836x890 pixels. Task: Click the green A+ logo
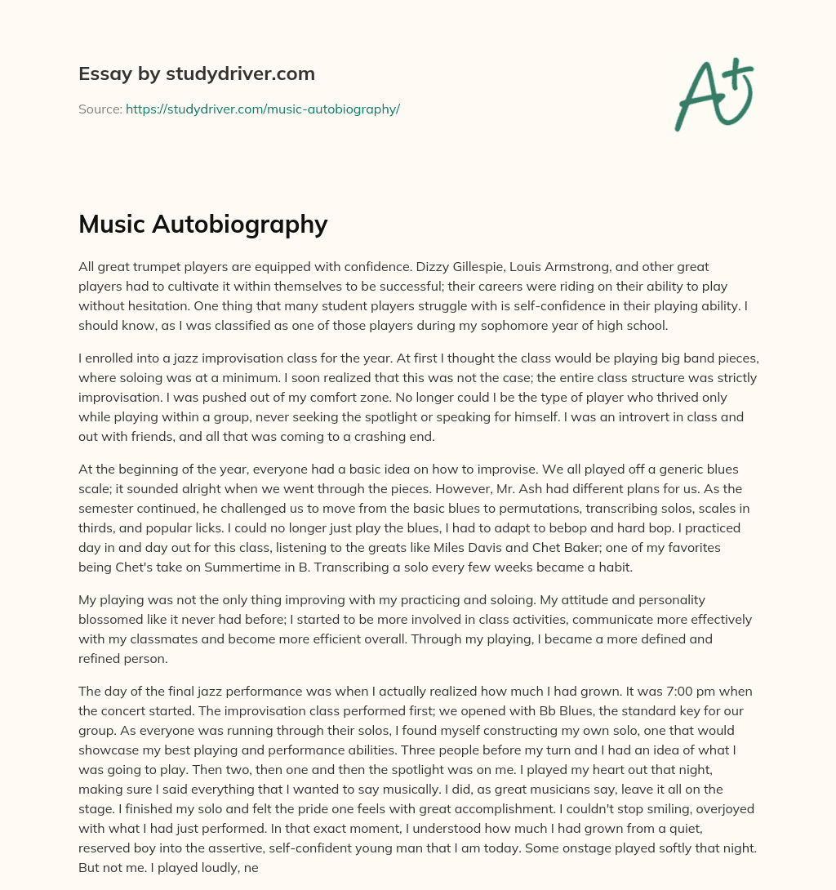tap(714, 94)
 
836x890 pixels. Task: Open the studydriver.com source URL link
tap(262, 109)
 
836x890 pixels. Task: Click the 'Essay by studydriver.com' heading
tap(196, 73)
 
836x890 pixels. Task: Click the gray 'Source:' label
tap(100, 109)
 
